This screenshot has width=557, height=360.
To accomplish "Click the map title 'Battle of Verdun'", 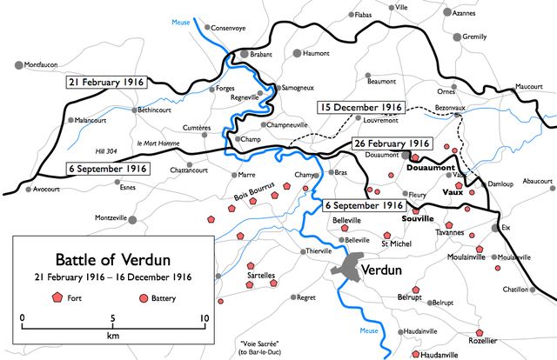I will pyautogui.click(x=109, y=258).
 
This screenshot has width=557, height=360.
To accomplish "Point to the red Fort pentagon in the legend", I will pyautogui.click(x=58, y=297).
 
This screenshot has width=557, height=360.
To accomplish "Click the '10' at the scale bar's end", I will pyautogui.click(x=204, y=318).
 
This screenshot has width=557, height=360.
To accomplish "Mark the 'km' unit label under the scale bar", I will pyautogui.click(x=113, y=336).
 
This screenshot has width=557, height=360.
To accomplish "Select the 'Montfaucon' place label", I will pyautogui.click(x=48, y=64).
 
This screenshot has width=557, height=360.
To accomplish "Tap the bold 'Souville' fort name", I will pyautogui.click(x=417, y=220).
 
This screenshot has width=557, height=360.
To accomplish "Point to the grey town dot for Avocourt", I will pyautogui.click(x=30, y=188).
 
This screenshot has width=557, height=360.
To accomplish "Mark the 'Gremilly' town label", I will pyautogui.click(x=475, y=37).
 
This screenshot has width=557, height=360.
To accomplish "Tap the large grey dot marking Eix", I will pyautogui.click(x=495, y=228).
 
